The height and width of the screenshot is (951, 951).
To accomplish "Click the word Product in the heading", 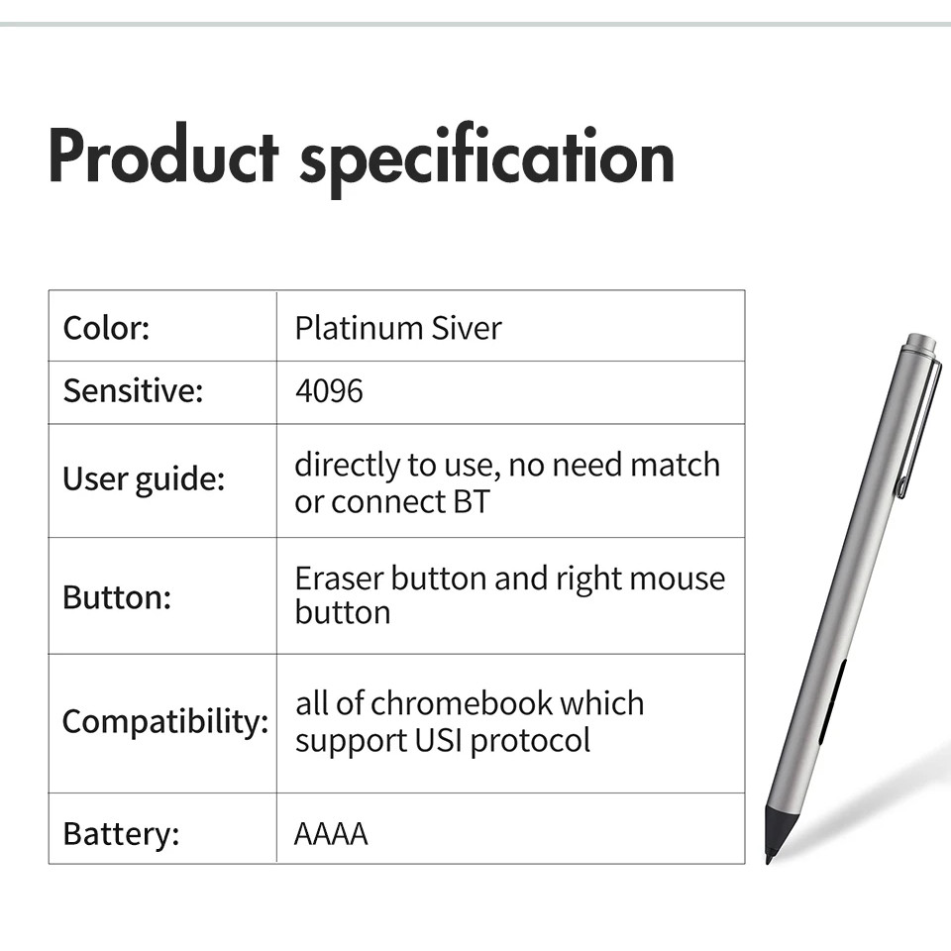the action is (163, 156).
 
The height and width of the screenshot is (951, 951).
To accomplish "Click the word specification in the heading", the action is (487, 158).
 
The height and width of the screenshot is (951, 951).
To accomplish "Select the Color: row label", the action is (106, 328).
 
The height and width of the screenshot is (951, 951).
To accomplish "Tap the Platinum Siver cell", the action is (398, 328).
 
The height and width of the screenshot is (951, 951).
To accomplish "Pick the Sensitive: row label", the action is (133, 390).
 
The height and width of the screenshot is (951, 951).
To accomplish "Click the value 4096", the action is (329, 391).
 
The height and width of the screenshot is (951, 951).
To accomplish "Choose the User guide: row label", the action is (144, 479).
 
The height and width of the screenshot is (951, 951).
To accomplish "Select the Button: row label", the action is (117, 597).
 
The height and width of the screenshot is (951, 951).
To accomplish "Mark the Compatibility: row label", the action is (165, 722).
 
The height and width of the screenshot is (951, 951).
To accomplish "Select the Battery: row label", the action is (121, 834).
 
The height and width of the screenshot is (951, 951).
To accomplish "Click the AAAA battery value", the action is (331, 834).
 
